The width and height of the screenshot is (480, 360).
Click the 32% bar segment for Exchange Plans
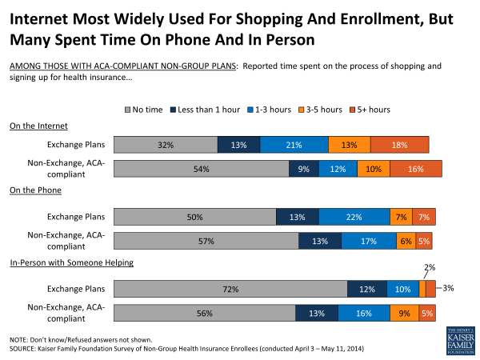166,145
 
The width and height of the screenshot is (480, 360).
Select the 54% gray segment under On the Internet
201,169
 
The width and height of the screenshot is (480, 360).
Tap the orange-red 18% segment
399,145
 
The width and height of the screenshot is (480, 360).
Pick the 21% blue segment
294,145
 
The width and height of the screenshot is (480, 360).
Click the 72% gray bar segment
230,290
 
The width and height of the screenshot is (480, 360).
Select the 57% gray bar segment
206,241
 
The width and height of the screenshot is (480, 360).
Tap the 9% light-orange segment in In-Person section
402,314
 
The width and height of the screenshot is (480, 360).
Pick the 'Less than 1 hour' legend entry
203,109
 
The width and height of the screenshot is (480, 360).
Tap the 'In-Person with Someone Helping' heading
71,262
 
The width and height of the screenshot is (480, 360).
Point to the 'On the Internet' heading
38,126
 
